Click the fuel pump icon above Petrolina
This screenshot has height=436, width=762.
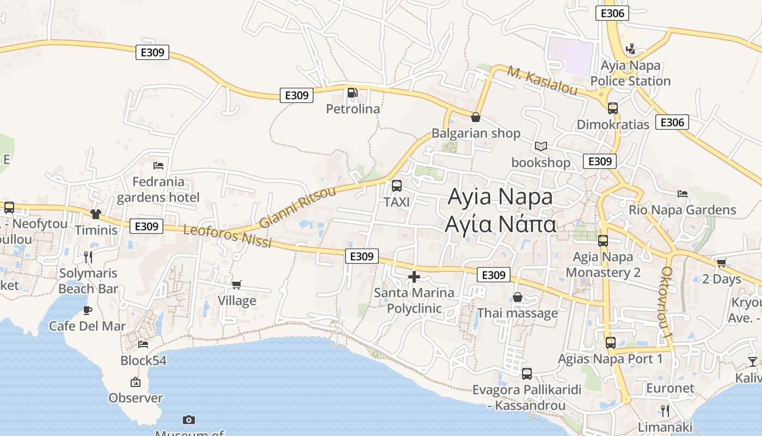click(x=352, y=93)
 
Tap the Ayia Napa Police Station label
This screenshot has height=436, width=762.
click(x=630, y=74)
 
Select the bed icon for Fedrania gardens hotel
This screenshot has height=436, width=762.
click(x=158, y=166)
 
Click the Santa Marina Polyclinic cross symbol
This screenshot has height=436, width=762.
click(x=414, y=277)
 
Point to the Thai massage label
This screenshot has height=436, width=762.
click(x=517, y=313)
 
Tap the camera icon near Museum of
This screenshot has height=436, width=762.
click(x=189, y=420)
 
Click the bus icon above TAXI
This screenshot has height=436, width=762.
click(x=397, y=186)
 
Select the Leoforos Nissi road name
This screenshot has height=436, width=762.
click(x=227, y=236)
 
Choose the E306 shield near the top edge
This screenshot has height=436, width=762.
click(x=612, y=13)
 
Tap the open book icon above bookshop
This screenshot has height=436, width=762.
click(x=540, y=147)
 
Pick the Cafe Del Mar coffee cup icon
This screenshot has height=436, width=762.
click(x=87, y=311)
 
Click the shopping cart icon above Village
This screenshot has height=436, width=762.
click(x=237, y=285)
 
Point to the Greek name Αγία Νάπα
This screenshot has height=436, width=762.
click(x=501, y=224)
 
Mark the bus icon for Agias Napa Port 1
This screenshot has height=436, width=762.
click(x=611, y=343)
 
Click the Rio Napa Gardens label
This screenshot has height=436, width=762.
click(x=682, y=210)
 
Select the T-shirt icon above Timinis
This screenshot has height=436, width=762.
click(x=96, y=214)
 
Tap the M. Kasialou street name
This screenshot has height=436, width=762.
click(x=542, y=80)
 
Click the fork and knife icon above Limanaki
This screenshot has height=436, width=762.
click(x=665, y=410)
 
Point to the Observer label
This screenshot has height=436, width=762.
click(x=136, y=398)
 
